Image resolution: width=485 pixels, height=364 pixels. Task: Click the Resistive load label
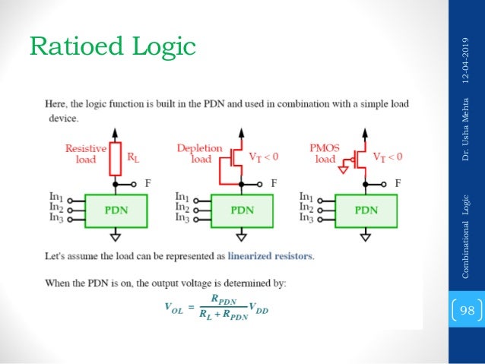point(86,154)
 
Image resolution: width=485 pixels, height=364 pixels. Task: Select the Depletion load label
point(199,154)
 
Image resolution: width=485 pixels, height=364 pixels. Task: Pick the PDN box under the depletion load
point(242,209)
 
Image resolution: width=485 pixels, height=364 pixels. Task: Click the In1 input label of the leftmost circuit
point(57,197)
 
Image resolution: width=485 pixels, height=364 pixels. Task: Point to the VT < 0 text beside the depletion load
point(265,157)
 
